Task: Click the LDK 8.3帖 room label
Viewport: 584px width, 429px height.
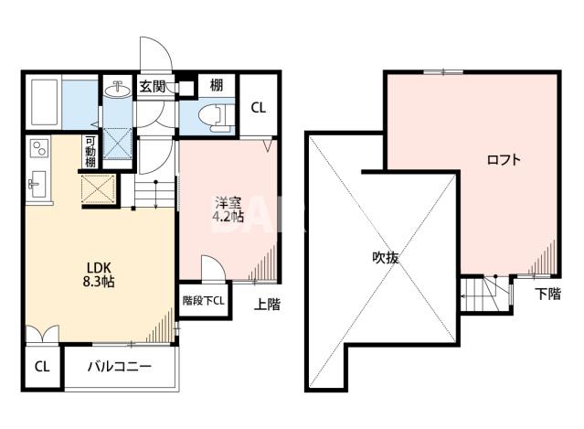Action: tap(99, 274)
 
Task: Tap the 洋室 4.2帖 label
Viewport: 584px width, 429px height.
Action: tap(228, 209)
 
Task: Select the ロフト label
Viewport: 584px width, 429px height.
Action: tap(504, 160)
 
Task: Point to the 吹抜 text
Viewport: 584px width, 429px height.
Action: tap(386, 257)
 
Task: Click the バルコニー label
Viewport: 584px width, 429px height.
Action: tap(120, 367)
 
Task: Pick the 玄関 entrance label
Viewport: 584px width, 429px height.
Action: tap(153, 87)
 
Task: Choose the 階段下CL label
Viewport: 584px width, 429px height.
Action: tap(204, 301)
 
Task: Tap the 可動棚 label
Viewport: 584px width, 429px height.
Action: tap(90, 152)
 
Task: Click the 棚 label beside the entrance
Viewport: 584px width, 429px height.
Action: tap(217, 85)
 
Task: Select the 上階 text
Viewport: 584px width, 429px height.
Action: tap(267, 305)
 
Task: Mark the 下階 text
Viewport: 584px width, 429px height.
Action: tap(548, 294)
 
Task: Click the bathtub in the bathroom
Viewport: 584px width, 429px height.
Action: tap(44, 102)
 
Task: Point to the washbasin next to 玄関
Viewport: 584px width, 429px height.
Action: tap(118, 90)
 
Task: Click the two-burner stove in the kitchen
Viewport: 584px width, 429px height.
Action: tap(39, 148)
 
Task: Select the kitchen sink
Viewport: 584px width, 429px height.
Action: tap(38, 184)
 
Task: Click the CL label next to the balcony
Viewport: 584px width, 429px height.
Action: tap(42, 367)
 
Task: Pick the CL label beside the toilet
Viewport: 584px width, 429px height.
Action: tap(258, 108)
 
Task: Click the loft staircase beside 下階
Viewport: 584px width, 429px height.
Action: tap(485, 294)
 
